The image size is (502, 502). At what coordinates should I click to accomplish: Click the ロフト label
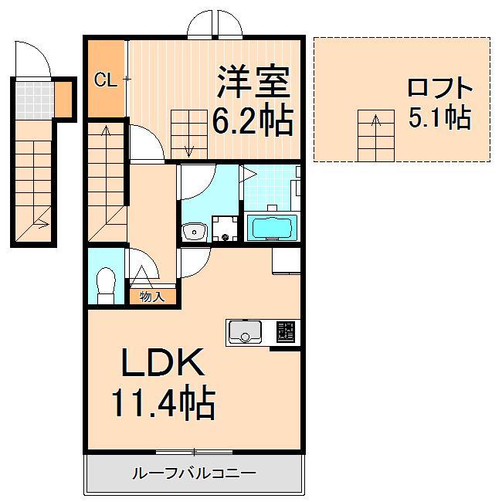pos(439,86)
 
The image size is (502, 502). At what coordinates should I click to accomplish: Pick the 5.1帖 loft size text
pos(439,117)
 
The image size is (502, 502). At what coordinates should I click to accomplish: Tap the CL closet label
pos(106,80)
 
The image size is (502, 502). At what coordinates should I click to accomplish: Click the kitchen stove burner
pos(285,332)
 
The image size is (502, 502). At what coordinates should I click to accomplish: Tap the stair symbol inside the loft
pos(374,136)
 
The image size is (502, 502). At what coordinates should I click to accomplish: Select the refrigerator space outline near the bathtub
pos(286,259)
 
